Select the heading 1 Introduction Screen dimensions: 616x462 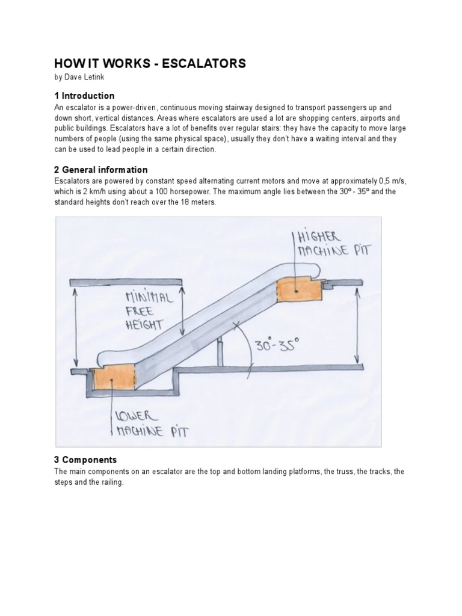pyautogui.click(x=84, y=96)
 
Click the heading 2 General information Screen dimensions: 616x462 pyautogui.click(x=101, y=170)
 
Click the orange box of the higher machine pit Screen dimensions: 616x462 pyautogui.click(x=297, y=291)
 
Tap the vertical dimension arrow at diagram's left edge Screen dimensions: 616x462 pyautogui.click(x=75, y=325)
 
